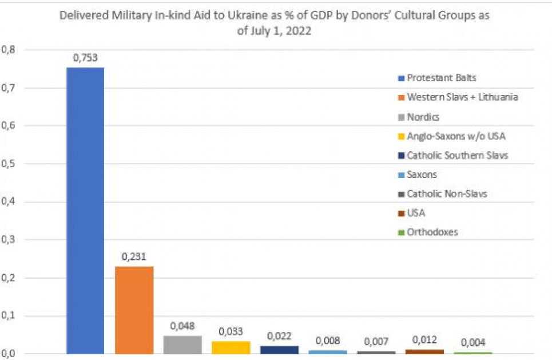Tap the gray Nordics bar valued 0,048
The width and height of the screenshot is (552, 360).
click(x=182, y=345)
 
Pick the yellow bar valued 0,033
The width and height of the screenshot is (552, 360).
click(x=231, y=347)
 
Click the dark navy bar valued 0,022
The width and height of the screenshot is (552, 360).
click(x=279, y=350)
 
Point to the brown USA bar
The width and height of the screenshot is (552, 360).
click(x=424, y=351)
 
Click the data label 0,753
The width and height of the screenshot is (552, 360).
click(x=84, y=58)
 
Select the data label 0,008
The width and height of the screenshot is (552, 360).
click(x=328, y=341)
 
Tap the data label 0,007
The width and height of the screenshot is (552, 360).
click(x=376, y=342)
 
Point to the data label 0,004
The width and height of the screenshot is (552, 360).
click(x=472, y=343)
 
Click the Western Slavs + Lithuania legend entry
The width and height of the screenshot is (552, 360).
click(x=458, y=97)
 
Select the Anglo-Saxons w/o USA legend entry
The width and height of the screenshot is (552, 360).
click(x=452, y=136)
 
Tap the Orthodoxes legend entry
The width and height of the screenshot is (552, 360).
click(x=431, y=232)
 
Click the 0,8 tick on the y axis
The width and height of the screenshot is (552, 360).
click(x=9, y=50)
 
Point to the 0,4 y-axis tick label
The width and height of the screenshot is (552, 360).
click(x=9, y=202)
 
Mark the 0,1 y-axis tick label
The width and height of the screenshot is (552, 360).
click(x=9, y=316)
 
